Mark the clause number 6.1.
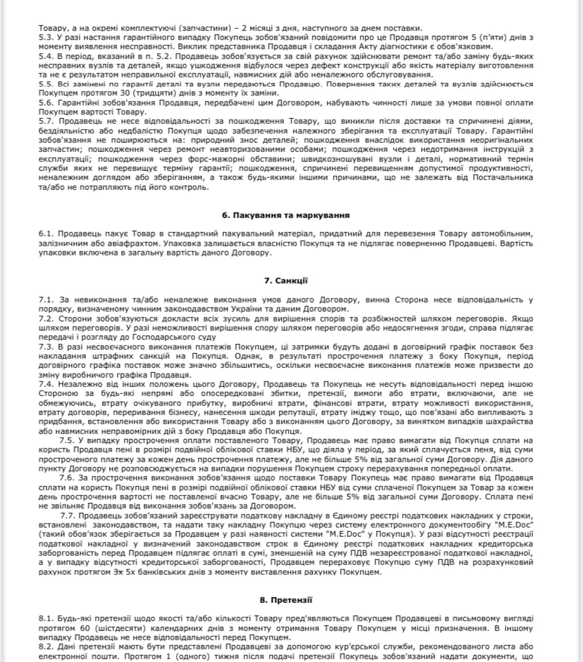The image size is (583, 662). pyautogui.click(x=46, y=234)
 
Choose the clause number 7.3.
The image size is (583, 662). pyautogui.click(x=46, y=346)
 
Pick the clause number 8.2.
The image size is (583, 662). pyautogui.click(x=46, y=646)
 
